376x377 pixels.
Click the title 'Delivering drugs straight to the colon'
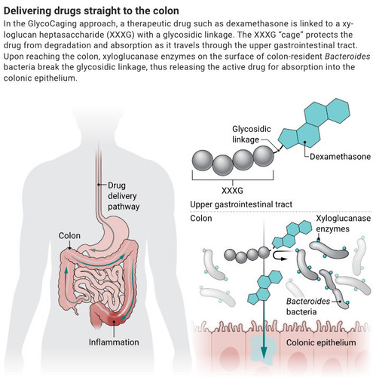click(x=91, y=11)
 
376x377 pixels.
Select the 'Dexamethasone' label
click(x=340, y=157)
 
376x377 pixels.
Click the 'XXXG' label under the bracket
click(x=232, y=191)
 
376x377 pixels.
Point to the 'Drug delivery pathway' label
click(x=124, y=196)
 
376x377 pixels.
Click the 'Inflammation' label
click(x=114, y=342)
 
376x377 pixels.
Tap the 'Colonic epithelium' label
click(x=321, y=342)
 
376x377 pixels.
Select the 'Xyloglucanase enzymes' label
click(x=343, y=223)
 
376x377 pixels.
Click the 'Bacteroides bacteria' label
click(x=308, y=306)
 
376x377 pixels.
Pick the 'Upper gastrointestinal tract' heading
click(x=241, y=204)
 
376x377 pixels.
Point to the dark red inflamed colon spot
click(x=114, y=319)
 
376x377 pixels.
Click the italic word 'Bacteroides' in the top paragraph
click(x=347, y=57)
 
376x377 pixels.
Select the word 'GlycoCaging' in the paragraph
click(x=52, y=24)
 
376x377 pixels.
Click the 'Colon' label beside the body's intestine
click(x=69, y=235)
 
